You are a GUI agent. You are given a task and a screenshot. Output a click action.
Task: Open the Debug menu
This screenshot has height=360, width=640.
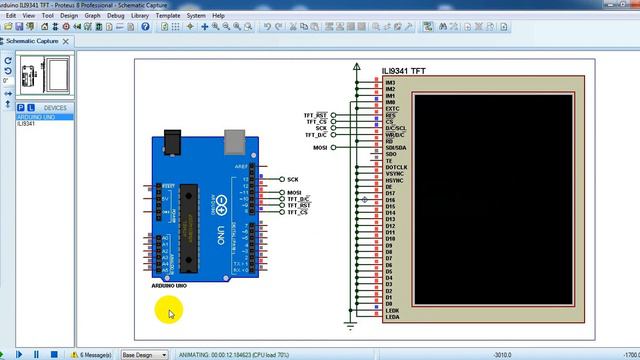116,16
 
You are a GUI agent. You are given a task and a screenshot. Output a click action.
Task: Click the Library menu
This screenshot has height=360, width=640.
139,16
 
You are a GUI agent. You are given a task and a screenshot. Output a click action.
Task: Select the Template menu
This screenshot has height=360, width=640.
168,16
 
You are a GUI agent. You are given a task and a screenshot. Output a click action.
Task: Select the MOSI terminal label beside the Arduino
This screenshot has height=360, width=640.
294,192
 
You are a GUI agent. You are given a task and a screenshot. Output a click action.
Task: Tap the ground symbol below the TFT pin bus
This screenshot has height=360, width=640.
351,323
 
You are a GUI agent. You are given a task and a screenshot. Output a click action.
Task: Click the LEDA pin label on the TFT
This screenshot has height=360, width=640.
392,317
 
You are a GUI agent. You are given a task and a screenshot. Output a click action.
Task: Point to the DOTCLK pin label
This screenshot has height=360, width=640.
396,167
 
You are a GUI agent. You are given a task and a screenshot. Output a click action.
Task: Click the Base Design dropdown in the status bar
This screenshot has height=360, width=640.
144,354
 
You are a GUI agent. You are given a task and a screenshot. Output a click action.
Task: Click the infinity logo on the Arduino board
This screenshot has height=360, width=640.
219,199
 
